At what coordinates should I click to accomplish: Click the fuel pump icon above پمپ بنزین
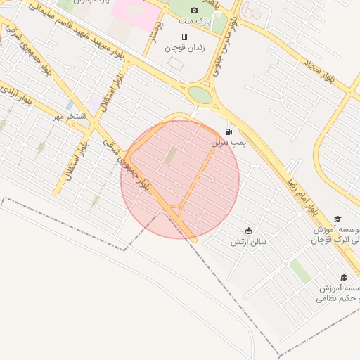tap(229, 131)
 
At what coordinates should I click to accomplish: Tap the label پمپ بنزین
tap(229, 143)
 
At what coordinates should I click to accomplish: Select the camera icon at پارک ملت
tap(194, 11)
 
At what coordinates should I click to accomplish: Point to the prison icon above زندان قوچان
tap(184, 37)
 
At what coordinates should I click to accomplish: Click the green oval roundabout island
tap(200, 95)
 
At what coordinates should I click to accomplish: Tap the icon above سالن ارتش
tap(247, 231)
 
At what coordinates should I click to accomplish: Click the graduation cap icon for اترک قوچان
tap(337, 219)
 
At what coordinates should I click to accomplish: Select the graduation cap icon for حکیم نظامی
tap(343, 278)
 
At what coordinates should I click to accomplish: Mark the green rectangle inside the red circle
tap(171, 157)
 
